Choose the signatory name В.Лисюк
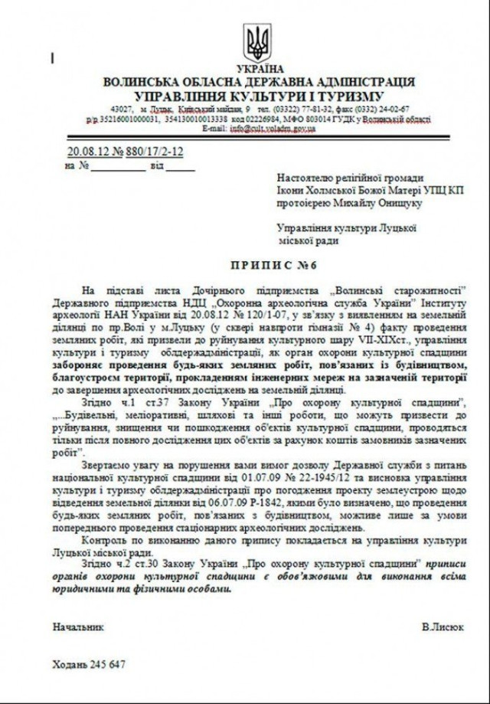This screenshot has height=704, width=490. tap(442, 626)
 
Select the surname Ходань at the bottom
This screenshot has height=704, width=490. tap(69, 664)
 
